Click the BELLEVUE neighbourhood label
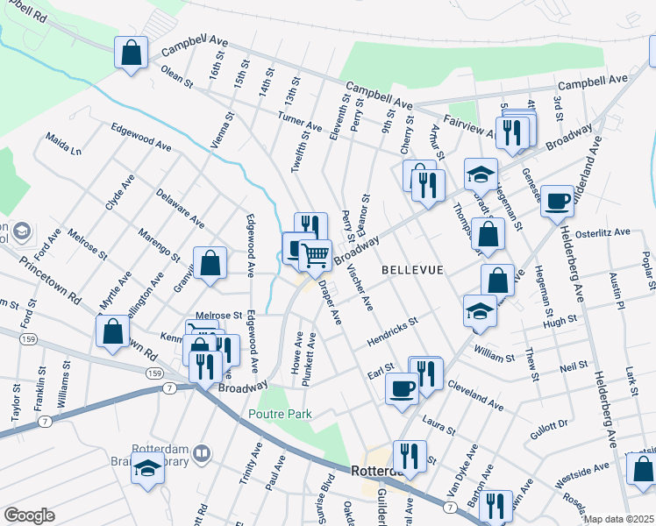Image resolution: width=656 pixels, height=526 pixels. [x=412, y=270]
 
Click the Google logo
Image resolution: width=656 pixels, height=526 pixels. [x=29, y=515]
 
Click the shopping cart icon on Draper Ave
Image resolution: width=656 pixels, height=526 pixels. [x=315, y=255]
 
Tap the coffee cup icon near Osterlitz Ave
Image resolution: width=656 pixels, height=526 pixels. [x=557, y=202]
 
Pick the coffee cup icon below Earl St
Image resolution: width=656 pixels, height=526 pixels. [x=402, y=387]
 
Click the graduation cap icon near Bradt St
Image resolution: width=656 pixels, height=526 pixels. [x=481, y=174]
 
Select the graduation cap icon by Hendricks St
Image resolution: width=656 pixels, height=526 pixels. [x=480, y=310]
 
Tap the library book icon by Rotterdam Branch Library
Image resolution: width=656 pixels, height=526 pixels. [x=202, y=453]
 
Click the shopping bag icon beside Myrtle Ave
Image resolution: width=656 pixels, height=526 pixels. [x=112, y=331]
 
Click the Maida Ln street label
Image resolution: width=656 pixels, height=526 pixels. [x=63, y=145]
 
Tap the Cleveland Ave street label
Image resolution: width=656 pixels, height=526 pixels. [x=474, y=395]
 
